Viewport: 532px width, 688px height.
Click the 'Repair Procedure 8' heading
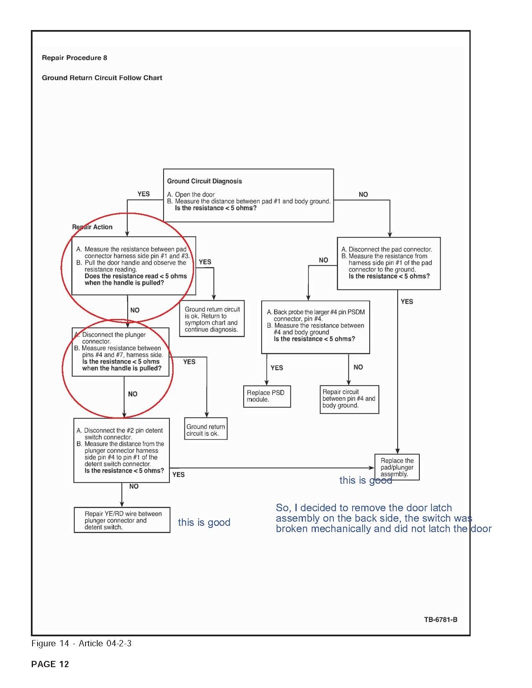tap(74, 58)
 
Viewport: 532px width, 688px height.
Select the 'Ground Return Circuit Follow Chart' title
tap(102, 78)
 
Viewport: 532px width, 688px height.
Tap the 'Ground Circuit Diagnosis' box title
tap(204, 181)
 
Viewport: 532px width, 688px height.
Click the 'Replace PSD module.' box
tap(267, 396)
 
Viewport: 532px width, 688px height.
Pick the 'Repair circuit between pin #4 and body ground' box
tap(349, 399)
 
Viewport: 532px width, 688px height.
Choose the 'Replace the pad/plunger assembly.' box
tap(397, 467)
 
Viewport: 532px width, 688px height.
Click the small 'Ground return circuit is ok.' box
tap(206, 430)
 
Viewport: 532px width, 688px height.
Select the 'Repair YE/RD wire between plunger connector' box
tap(122, 520)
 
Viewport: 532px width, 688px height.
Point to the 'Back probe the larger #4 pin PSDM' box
tap(315, 326)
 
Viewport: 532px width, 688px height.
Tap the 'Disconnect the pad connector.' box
tap(388, 263)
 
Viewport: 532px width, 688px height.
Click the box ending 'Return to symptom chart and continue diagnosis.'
tap(212, 319)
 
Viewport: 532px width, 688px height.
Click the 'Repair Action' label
tap(92, 227)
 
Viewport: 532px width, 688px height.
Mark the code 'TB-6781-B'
tap(441, 620)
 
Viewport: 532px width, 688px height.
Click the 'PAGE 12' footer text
tap(50, 664)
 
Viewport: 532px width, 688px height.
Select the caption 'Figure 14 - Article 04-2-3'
tap(81, 643)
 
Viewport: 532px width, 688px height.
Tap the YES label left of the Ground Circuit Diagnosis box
tap(144, 194)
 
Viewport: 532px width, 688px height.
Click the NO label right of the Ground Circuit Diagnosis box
tap(363, 194)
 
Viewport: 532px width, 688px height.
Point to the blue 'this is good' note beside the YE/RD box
tap(204, 522)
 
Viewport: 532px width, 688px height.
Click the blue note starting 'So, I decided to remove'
tap(383, 518)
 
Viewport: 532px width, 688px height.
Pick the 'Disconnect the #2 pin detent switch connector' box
tap(121, 450)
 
